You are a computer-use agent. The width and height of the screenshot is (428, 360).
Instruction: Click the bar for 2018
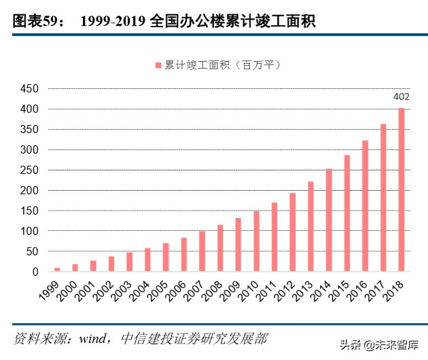[402, 190]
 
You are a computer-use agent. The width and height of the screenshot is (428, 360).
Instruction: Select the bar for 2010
[256, 241]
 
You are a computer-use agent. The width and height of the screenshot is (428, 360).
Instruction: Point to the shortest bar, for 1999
[57, 270]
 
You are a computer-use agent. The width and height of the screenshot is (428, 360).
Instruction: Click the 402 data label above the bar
[402, 96]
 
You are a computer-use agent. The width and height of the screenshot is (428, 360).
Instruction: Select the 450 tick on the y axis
[29, 89]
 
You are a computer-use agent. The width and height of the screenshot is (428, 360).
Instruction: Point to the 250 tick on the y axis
[29, 170]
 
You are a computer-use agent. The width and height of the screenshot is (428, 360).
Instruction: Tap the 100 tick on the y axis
[29, 232]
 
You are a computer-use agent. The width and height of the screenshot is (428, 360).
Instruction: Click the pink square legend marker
[158, 65]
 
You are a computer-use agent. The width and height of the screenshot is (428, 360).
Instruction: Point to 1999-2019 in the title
[111, 22]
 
